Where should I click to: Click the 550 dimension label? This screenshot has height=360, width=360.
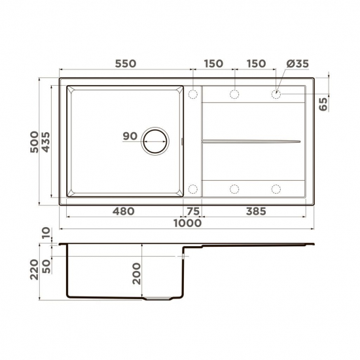point(125,63)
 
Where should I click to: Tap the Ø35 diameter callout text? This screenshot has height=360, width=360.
point(298,63)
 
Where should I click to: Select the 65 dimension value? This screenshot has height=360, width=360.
point(323,103)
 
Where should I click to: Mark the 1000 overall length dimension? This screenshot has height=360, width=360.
point(187,223)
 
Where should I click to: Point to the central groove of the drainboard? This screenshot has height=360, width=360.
point(252,141)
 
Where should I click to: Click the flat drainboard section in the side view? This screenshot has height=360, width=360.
point(255,246)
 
